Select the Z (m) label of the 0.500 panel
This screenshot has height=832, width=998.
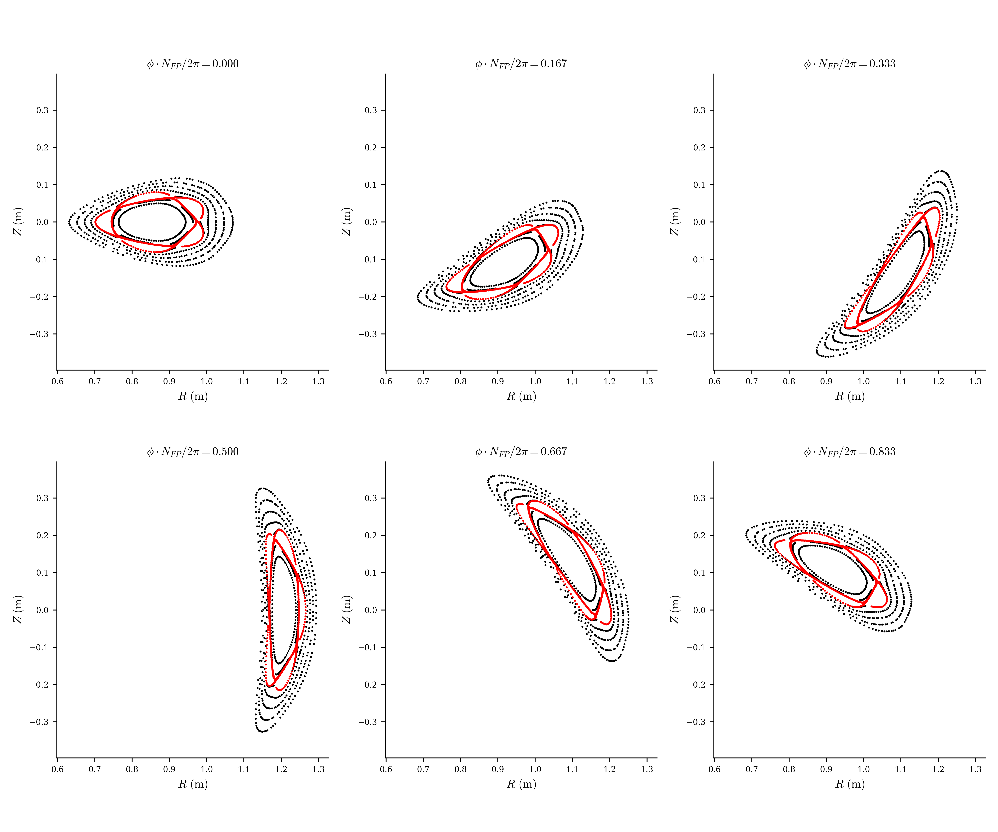(18, 610)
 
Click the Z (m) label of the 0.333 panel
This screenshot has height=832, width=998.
(674, 221)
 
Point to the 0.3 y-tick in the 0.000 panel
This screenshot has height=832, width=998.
(42, 110)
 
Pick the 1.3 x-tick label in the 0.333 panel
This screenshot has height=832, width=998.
(975, 381)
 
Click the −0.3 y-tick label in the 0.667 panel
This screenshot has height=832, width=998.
(367, 722)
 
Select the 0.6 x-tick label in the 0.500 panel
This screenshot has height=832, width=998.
(58, 769)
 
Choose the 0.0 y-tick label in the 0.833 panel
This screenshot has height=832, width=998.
(699, 610)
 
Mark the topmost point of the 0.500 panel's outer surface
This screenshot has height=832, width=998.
(262, 488)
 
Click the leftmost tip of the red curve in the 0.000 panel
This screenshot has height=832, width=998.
(95, 221)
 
